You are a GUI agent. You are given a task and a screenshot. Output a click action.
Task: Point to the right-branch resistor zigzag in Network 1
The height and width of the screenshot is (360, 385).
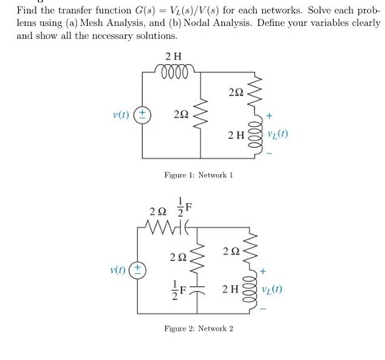[255, 95]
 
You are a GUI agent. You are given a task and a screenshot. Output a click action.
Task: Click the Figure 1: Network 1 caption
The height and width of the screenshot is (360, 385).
[198, 175]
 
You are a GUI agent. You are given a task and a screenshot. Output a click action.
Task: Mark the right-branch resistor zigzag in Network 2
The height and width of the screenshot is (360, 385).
[254, 252]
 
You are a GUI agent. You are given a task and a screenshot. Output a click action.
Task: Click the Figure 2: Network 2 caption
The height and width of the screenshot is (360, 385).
[198, 327]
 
